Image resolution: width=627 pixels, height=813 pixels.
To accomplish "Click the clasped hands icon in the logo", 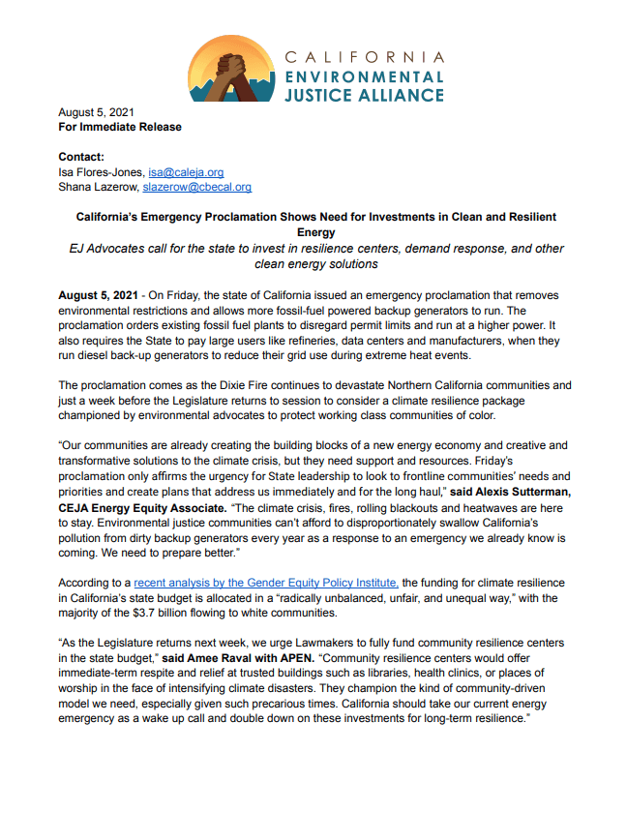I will (x=231, y=70).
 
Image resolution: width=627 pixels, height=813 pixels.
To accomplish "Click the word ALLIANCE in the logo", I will (x=399, y=95).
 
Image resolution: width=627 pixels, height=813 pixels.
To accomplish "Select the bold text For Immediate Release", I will (x=120, y=127).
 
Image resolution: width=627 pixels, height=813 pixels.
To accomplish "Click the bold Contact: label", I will (x=81, y=157).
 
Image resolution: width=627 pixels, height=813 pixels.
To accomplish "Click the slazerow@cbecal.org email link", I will (x=197, y=187).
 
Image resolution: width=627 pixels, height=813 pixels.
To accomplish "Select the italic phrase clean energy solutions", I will (x=315, y=263).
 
